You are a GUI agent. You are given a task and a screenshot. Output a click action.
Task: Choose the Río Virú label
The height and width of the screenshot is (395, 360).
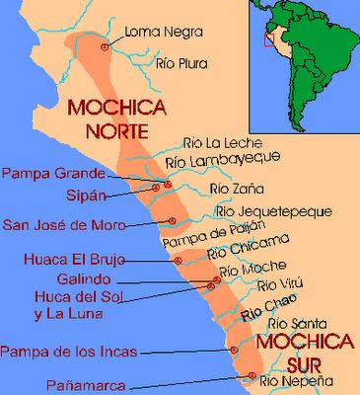click(x=275, y=286)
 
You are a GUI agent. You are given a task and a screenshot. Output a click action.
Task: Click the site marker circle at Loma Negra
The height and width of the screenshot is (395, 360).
click(x=106, y=46)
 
